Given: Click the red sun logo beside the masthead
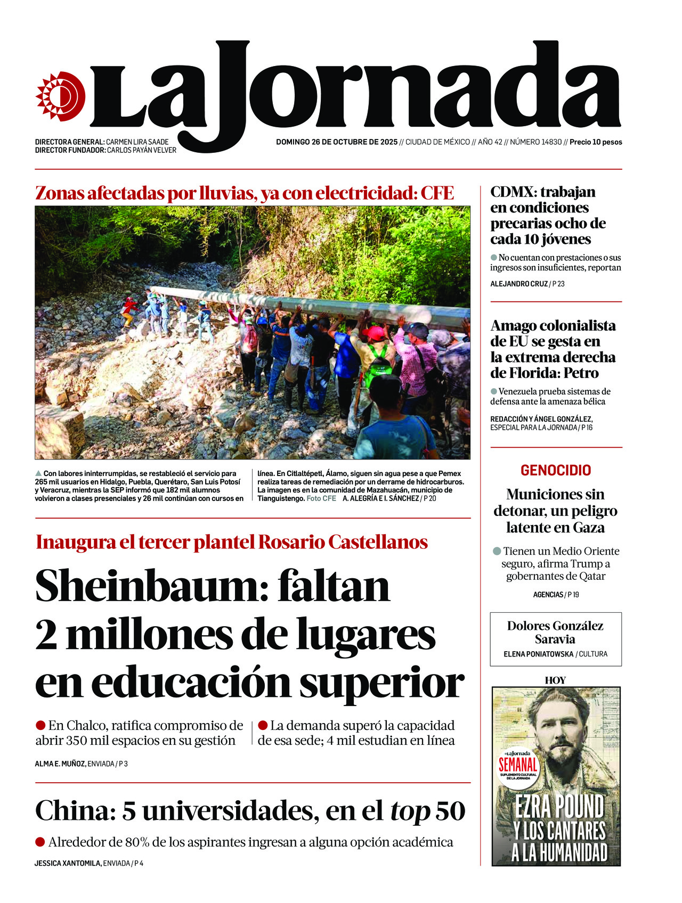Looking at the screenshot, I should point(60,96).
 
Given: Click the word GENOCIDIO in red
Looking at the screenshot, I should point(556,471).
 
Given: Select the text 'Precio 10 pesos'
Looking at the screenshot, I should point(596,142).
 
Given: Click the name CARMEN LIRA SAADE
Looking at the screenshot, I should point(137,142).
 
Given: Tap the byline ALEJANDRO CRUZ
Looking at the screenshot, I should point(518,284).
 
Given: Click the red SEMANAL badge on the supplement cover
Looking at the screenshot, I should point(518,765).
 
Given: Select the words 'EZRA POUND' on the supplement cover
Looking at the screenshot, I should point(559,807).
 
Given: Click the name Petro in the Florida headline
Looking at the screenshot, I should point(581,373).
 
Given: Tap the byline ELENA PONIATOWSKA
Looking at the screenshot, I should point(538,654).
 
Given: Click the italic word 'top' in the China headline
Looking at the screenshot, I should point(410,811).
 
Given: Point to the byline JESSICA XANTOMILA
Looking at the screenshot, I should point(68,863).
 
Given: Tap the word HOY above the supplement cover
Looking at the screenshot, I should point(555,680).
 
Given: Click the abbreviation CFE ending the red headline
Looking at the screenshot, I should point(437,193).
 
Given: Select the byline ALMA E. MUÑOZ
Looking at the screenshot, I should point(60,764).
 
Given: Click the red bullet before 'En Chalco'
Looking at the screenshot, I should point(40,725).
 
